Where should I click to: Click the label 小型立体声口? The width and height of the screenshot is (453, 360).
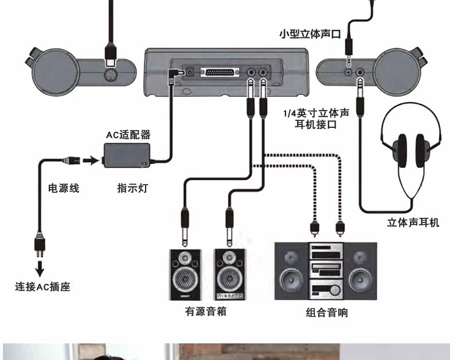310,34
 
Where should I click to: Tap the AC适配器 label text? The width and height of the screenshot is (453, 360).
128,135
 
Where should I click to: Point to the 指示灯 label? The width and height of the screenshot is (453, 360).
132,187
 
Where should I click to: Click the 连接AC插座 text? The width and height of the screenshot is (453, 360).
42,287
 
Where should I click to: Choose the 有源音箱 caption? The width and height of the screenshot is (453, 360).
206,312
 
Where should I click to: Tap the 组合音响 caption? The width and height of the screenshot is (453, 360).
326,312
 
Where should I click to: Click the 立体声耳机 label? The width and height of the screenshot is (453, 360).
413,222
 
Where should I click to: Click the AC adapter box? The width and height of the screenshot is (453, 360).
127,154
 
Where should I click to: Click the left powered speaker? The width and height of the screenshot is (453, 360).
185,275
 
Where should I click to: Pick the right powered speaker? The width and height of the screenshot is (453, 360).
231,275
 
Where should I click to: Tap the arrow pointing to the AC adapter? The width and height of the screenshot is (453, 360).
90,160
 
